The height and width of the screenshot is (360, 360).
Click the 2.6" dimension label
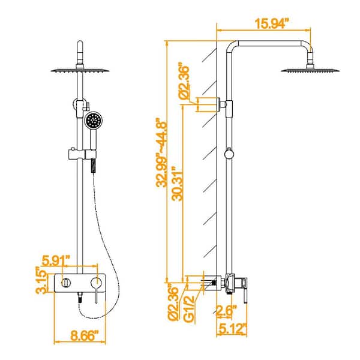pyautogui.click(x=226, y=310)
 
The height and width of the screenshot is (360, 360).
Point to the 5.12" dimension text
pyautogui.click(x=230, y=329)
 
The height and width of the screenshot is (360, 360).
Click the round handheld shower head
pyautogui.click(x=92, y=120)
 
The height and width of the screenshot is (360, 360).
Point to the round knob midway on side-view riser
pyautogui.click(x=227, y=154)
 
